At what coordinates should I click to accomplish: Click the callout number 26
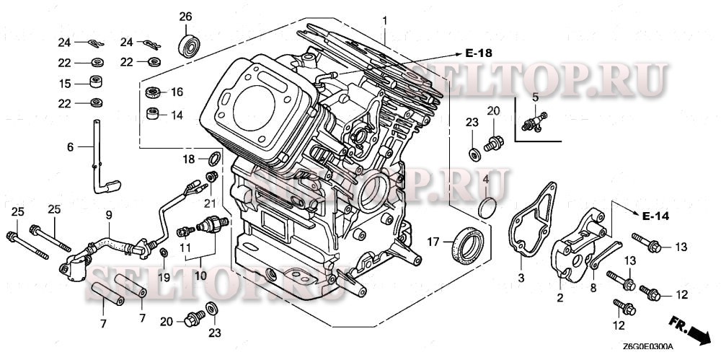(x=186, y=17)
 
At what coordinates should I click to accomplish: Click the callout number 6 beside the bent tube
(x=70, y=147)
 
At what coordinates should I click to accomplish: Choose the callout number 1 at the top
(x=385, y=17)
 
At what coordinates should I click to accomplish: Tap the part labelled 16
(x=154, y=92)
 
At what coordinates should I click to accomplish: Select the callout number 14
(x=177, y=114)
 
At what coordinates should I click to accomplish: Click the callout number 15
(x=65, y=84)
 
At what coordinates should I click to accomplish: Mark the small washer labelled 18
(x=214, y=158)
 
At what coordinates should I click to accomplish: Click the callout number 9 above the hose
(x=109, y=214)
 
